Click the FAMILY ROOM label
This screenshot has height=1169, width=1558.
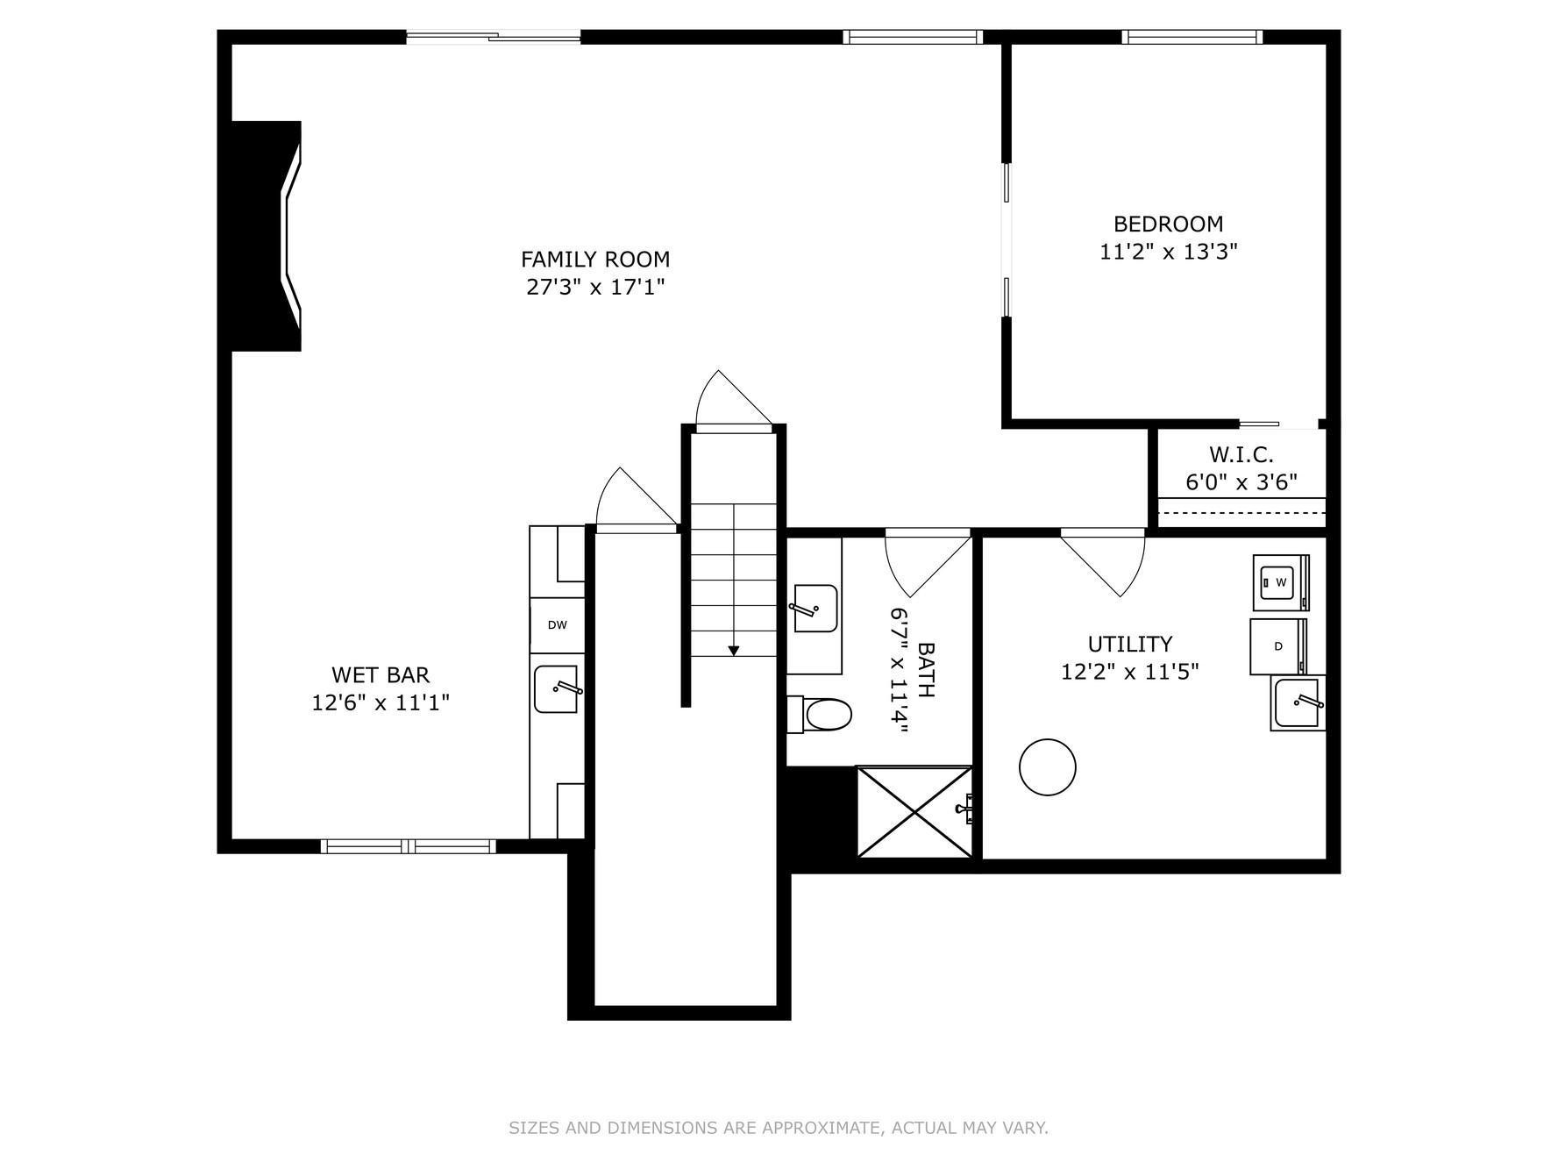[594, 260]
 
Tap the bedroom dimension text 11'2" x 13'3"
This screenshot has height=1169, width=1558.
[1168, 252]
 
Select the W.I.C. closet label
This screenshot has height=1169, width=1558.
[1241, 454]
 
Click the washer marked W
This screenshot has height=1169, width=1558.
[1279, 582]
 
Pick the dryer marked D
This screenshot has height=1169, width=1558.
[1277, 646]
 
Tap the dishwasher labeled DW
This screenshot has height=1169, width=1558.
[557, 625]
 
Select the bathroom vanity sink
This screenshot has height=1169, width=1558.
[815, 608]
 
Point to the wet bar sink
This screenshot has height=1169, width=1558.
[557, 689]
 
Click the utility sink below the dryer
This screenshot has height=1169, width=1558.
[1298, 702]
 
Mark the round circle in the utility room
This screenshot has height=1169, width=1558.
[1047, 766]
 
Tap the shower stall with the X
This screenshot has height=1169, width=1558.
[914, 811]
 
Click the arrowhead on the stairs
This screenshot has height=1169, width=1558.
[733, 651]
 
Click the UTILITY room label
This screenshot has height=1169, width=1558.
[1129, 644]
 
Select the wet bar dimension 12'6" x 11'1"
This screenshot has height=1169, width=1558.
[381, 702]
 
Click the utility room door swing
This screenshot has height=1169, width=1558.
[1106, 561]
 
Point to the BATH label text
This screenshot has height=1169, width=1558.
[926, 670]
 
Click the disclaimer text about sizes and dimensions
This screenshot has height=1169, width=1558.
[778, 1128]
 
